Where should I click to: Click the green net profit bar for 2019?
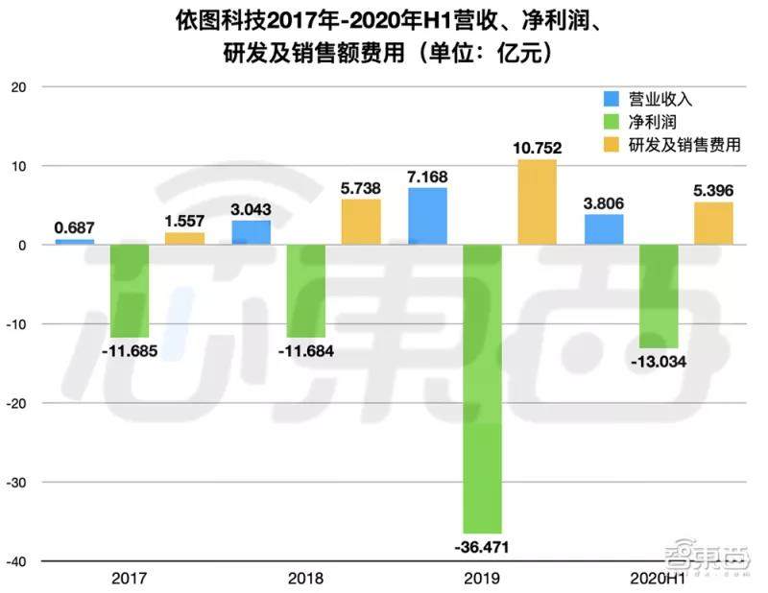tap(482, 388)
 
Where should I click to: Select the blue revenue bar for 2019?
tap(427, 217)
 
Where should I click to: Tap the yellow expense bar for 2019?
tap(537, 202)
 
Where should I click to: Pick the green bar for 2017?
tap(129, 291)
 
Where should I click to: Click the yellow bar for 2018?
tap(360, 222)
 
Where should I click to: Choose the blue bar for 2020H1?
tap(604, 230)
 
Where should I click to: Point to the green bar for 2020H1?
tap(659, 296)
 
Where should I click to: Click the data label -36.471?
tap(482, 548)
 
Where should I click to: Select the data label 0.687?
tap(74, 227)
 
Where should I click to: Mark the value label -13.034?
tap(659, 362)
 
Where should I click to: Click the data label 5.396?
tap(713, 190)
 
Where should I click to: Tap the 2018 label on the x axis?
tap(305, 579)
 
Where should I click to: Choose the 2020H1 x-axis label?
tap(658, 579)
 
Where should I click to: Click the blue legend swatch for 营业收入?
tap(612, 99)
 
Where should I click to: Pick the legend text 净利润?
tap(652, 122)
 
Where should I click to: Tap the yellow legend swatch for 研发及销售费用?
tap(612, 145)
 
